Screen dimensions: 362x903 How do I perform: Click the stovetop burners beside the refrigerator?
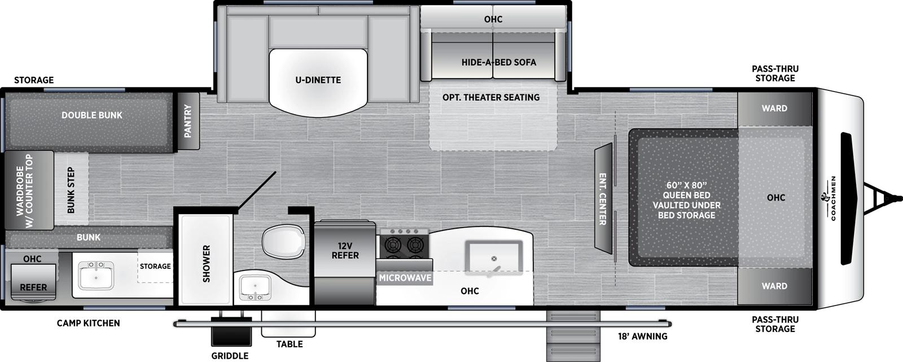[405, 245]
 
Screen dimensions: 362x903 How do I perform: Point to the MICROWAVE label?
[405, 278]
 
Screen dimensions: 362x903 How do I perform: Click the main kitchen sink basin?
[493, 259]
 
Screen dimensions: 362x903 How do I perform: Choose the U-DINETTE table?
[318, 80]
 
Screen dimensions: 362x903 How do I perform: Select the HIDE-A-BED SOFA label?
[499, 62]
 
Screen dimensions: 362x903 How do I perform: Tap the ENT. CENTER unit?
[602, 199]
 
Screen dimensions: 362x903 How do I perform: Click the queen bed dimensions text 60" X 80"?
[686, 185]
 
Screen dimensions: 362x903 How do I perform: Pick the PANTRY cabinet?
[188, 121]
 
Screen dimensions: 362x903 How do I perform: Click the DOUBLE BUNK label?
[92, 115]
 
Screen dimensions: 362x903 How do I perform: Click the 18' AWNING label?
[642, 337]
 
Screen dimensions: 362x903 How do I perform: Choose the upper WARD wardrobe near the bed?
[774, 108]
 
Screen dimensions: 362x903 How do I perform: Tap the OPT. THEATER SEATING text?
[491, 97]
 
